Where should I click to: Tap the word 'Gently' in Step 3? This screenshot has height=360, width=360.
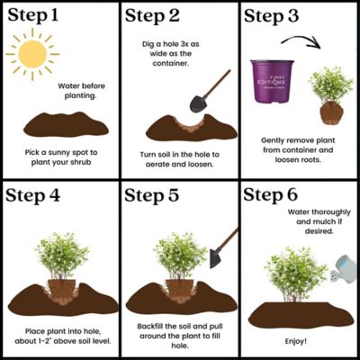click(274, 140)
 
